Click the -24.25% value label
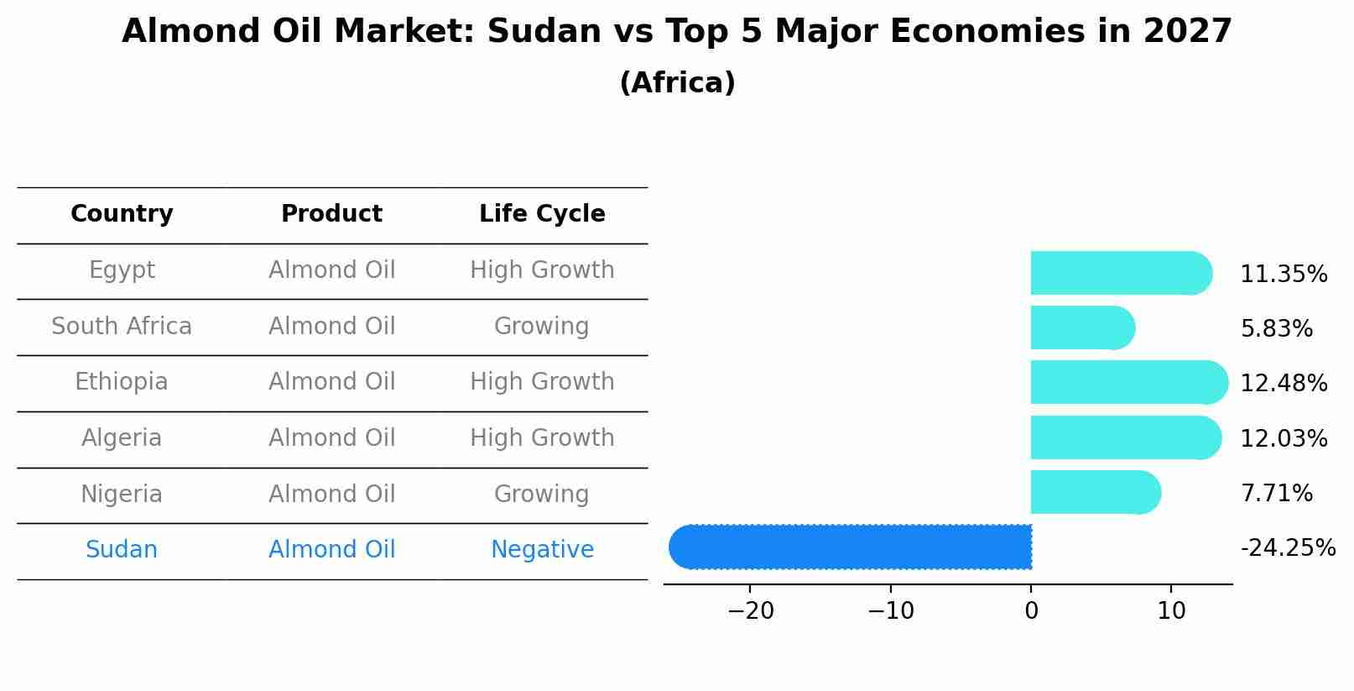[1287, 548]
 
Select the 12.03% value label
[1283, 438]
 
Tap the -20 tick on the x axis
[750, 611]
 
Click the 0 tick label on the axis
[1031, 611]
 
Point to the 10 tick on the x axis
[1171, 611]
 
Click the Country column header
[122, 214]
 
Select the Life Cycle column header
[542, 214]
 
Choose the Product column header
[331, 214]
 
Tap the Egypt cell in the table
[122, 270]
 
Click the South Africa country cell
[122, 327]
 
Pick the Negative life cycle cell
[542, 550]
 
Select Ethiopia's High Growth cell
[542, 382]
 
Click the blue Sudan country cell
[122, 550]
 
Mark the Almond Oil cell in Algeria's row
[331, 438]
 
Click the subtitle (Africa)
[677, 83]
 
